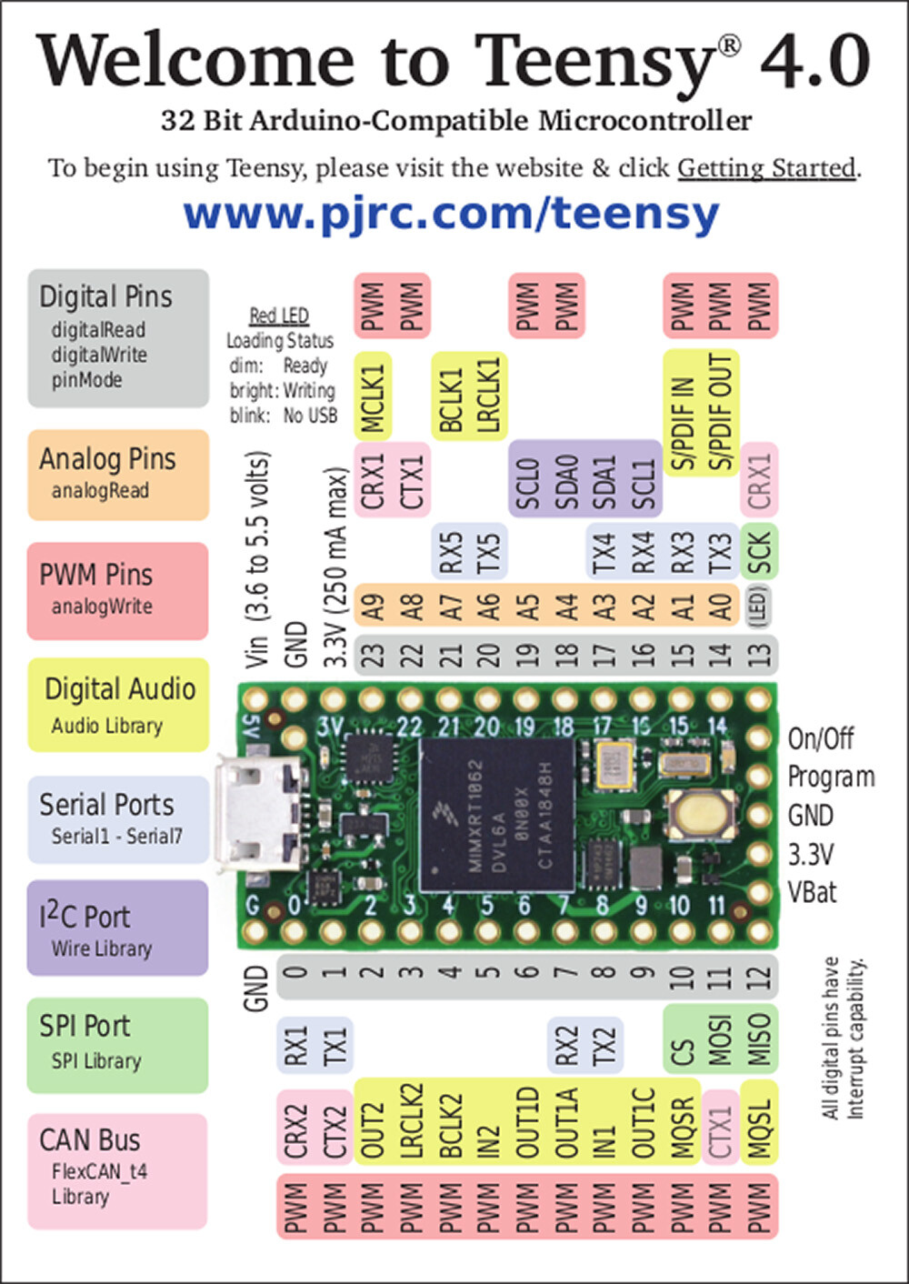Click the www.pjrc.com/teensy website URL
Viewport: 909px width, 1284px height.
point(452,214)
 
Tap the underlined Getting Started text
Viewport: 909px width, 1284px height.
point(766,168)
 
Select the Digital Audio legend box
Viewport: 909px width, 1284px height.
point(118,705)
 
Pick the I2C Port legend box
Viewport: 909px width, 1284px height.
point(118,928)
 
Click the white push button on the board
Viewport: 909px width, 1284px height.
point(701,812)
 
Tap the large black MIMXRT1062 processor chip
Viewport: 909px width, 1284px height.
point(498,812)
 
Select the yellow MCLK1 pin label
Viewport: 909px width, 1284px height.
point(374,396)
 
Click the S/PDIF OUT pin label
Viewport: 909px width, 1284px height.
point(719,412)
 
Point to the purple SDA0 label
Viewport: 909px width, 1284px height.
point(566,480)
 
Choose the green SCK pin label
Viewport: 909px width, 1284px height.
point(759,553)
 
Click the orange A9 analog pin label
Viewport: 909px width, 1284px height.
point(374,606)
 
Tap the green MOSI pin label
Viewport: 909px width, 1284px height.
point(720,1039)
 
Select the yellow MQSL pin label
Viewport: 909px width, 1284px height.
point(759,1123)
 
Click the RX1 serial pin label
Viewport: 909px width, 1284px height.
point(296,1046)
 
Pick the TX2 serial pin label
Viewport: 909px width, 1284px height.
point(604,1046)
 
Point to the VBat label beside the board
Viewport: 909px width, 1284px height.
point(812,892)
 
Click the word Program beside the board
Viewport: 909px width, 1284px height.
point(831,777)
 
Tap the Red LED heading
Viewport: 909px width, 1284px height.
point(279,316)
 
